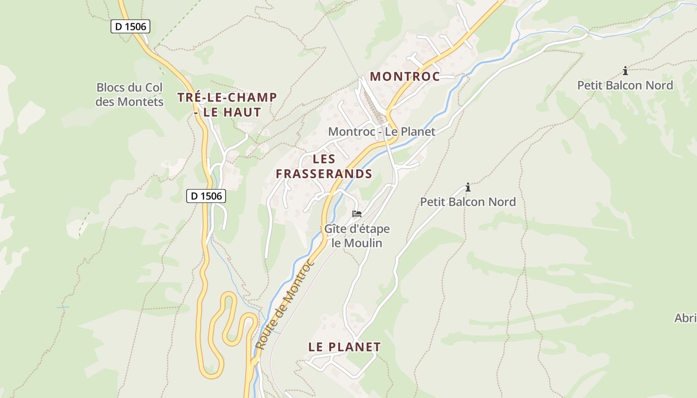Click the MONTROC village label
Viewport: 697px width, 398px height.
point(405,77)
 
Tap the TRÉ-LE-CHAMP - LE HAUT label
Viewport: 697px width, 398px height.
point(227,104)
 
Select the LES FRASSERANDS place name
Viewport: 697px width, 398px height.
point(324,167)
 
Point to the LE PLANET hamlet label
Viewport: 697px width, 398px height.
point(345,347)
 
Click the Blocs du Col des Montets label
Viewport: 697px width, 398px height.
point(130,95)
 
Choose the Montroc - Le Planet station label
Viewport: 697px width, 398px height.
point(382,132)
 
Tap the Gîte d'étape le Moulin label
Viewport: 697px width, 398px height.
point(357,236)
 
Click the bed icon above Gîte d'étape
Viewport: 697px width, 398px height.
point(357,214)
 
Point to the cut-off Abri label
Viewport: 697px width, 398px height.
point(686,318)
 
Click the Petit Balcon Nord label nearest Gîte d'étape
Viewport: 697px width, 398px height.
point(468,202)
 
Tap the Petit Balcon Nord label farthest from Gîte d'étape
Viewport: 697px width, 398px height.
point(625,86)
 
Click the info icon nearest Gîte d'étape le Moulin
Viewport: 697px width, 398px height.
point(468,188)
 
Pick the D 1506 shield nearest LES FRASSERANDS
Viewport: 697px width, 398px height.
point(206,196)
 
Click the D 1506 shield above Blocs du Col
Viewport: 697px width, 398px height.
point(130,26)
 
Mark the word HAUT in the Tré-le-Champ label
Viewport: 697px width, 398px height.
point(242,112)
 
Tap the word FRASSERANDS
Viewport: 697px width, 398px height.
point(324,174)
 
